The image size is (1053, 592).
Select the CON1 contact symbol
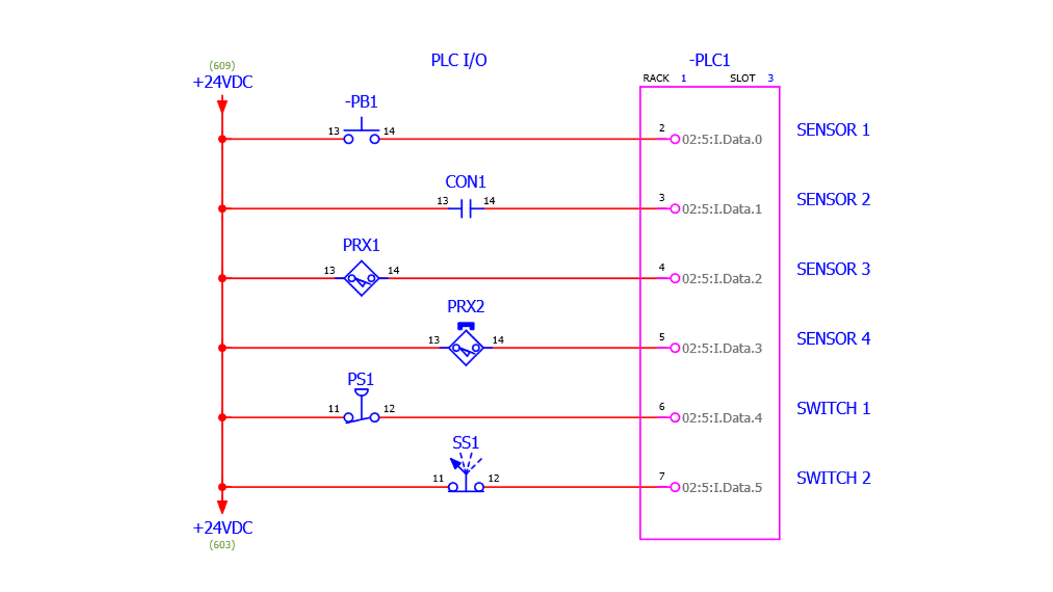[466, 209]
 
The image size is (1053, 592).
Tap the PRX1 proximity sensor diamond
[361, 278]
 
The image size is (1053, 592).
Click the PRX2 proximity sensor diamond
[466, 347]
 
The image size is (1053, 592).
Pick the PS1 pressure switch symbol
[361, 408]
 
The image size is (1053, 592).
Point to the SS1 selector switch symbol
[466, 477]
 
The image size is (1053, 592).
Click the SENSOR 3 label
[833, 269]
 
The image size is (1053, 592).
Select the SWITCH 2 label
[833, 478]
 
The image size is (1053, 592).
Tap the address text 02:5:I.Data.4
[722, 418]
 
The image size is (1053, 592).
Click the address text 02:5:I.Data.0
[722, 139]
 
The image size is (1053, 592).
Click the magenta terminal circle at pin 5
[675, 348]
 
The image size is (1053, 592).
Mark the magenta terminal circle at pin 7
[675, 487]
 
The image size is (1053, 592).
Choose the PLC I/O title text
[459, 61]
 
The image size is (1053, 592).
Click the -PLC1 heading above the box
[709, 61]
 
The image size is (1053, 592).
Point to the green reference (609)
[222, 66]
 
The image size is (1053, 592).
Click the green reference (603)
[222, 545]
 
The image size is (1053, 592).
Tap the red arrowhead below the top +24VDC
[222, 106]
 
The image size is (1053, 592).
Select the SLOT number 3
[770, 78]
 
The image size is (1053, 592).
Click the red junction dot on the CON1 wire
[222, 209]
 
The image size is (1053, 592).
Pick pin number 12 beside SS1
[494, 478]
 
